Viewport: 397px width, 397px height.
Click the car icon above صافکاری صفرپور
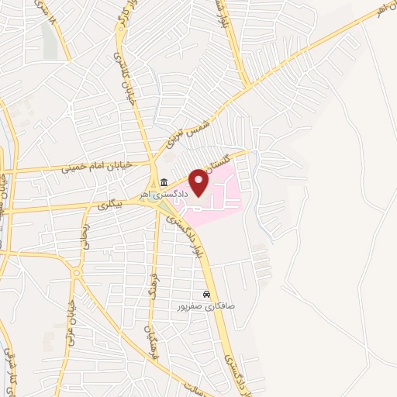tap(206, 295)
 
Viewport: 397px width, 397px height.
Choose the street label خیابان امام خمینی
tap(98, 166)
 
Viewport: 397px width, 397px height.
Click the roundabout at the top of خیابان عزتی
tap(77, 273)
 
